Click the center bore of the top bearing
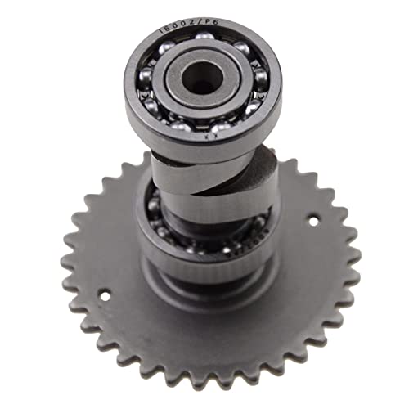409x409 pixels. pyautogui.click(x=200, y=78)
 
